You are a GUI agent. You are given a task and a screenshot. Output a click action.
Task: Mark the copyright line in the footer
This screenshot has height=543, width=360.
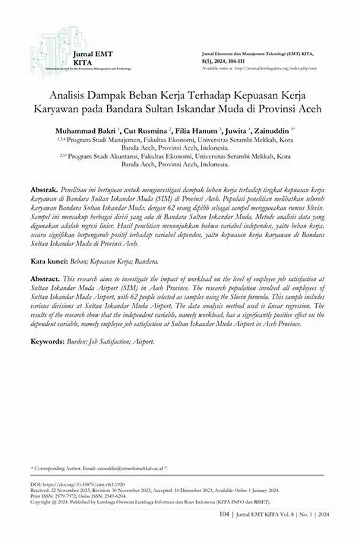(x=150, y=501)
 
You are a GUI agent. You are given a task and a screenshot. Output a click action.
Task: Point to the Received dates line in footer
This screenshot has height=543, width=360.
(x=150, y=489)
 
